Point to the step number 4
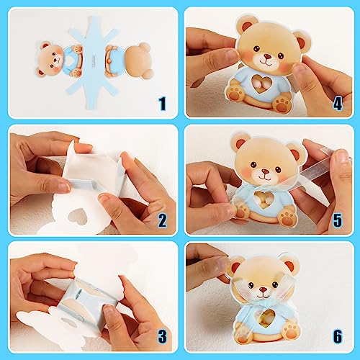[337, 103]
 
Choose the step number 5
[337, 220]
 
